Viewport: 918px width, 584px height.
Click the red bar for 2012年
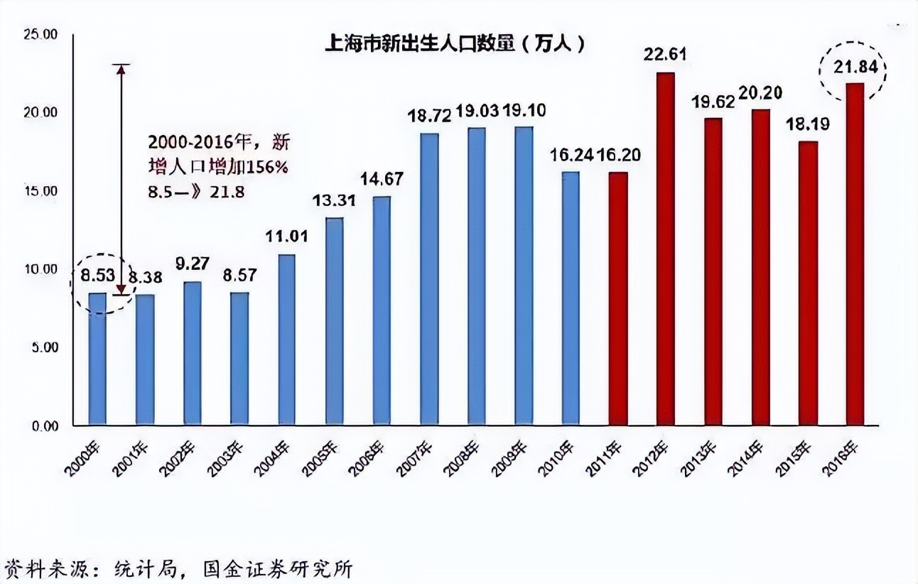coord(665,249)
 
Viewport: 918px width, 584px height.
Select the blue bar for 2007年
coord(429,279)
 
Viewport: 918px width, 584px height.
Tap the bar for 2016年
coord(855,254)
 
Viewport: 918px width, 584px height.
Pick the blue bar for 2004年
coord(286,340)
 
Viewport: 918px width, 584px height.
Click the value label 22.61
coord(665,55)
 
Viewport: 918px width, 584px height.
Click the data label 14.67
coord(382,179)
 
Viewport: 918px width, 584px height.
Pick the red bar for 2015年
coord(808,283)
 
